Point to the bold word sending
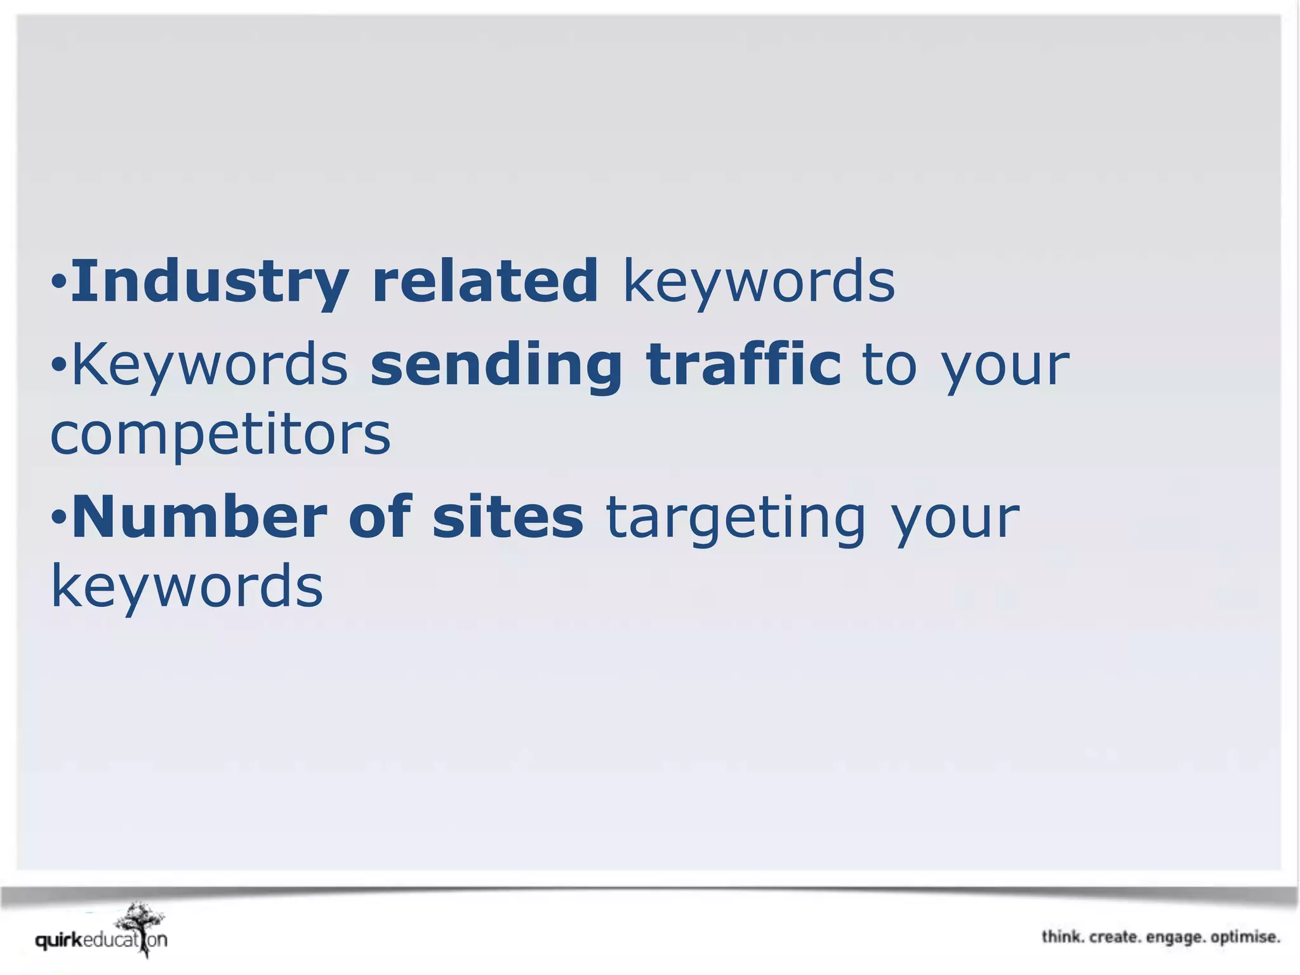coord(496,366)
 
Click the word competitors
coord(220,436)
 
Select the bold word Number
coord(199,517)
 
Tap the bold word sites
coord(508,517)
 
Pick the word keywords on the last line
coord(187,587)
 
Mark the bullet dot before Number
coord(58,517)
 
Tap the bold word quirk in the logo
coord(59,940)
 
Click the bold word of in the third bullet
coord(380,517)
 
